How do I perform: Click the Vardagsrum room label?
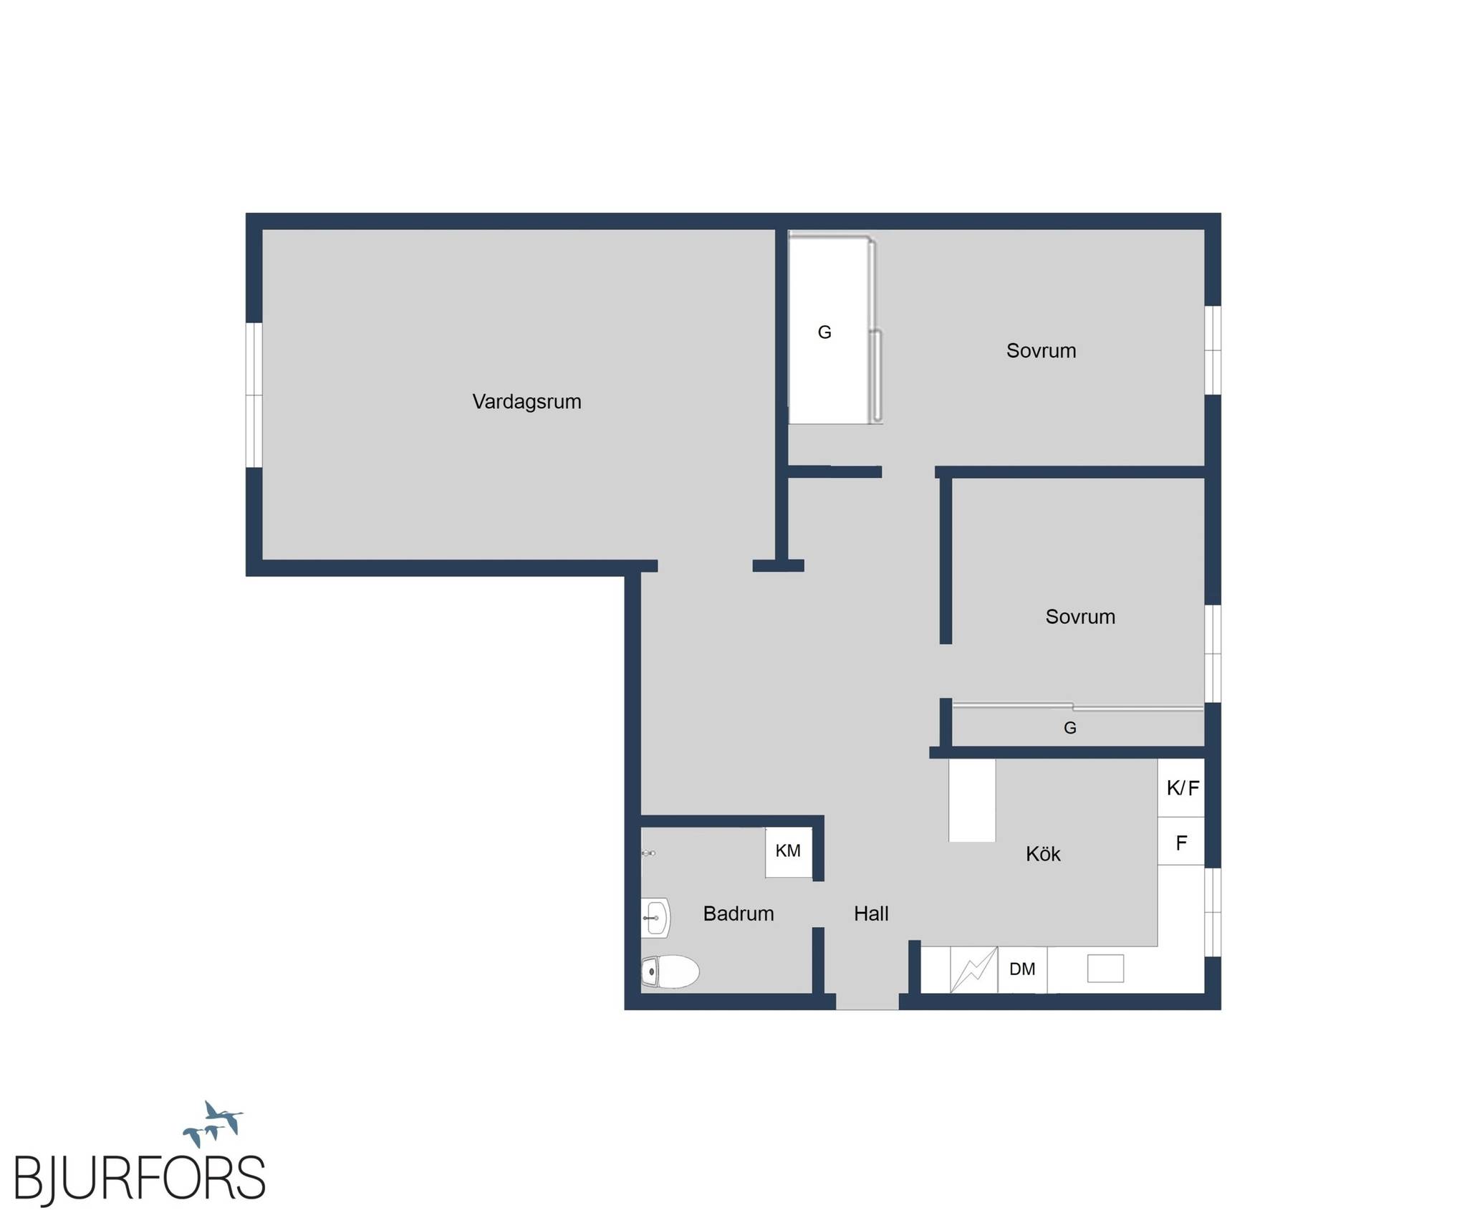526,402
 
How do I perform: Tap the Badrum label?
739,913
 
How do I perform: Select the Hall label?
871,913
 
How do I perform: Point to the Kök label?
1043,853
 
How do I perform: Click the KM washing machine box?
789,852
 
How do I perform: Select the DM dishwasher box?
1022,969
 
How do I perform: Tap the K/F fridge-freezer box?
1182,788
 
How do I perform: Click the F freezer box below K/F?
1182,841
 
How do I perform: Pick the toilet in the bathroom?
670,972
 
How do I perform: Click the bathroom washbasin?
655,918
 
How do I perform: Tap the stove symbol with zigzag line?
973,970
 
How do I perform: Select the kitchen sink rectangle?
1105,969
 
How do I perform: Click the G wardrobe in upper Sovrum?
834,330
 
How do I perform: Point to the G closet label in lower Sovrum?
1070,728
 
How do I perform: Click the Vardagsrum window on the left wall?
254,395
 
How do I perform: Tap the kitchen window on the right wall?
1212,911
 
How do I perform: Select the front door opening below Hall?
867,1002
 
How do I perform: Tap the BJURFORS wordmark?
140,1177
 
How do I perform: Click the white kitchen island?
972,800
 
